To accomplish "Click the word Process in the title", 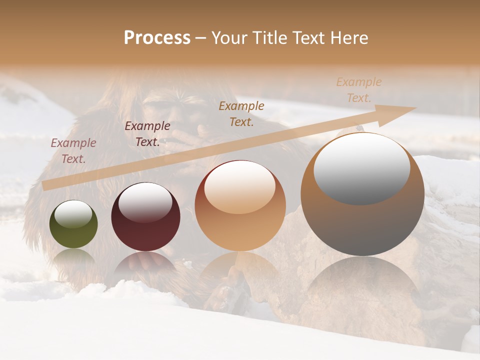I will click(x=157, y=37).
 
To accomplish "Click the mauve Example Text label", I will click(x=73, y=151).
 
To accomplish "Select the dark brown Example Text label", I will click(x=147, y=134).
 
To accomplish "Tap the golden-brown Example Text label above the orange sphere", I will click(x=241, y=113).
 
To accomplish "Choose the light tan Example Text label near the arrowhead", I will click(x=359, y=90).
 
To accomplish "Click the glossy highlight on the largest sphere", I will click(x=361, y=168).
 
